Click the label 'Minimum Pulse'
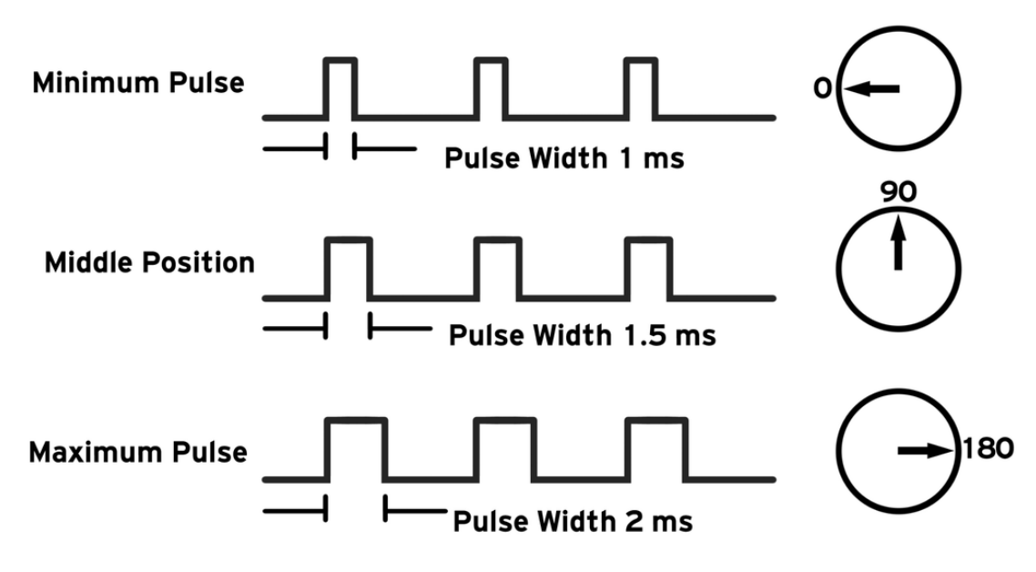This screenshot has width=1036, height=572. (x=138, y=84)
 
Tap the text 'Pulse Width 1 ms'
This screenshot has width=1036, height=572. (x=564, y=158)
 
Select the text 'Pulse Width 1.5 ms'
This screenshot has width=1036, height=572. (x=583, y=336)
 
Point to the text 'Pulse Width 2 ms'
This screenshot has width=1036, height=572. (x=573, y=522)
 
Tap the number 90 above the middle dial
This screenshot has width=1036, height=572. (x=899, y=193)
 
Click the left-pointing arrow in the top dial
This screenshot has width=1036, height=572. (x=871, y=89)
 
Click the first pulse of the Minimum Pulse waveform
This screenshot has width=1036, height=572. (x=340, y=87)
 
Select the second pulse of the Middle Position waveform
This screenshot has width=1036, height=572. (x=499, y=267)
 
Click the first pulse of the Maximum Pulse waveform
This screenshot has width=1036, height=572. (x=356, y=448)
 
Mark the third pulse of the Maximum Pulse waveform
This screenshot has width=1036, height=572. (x=657, y=448)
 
